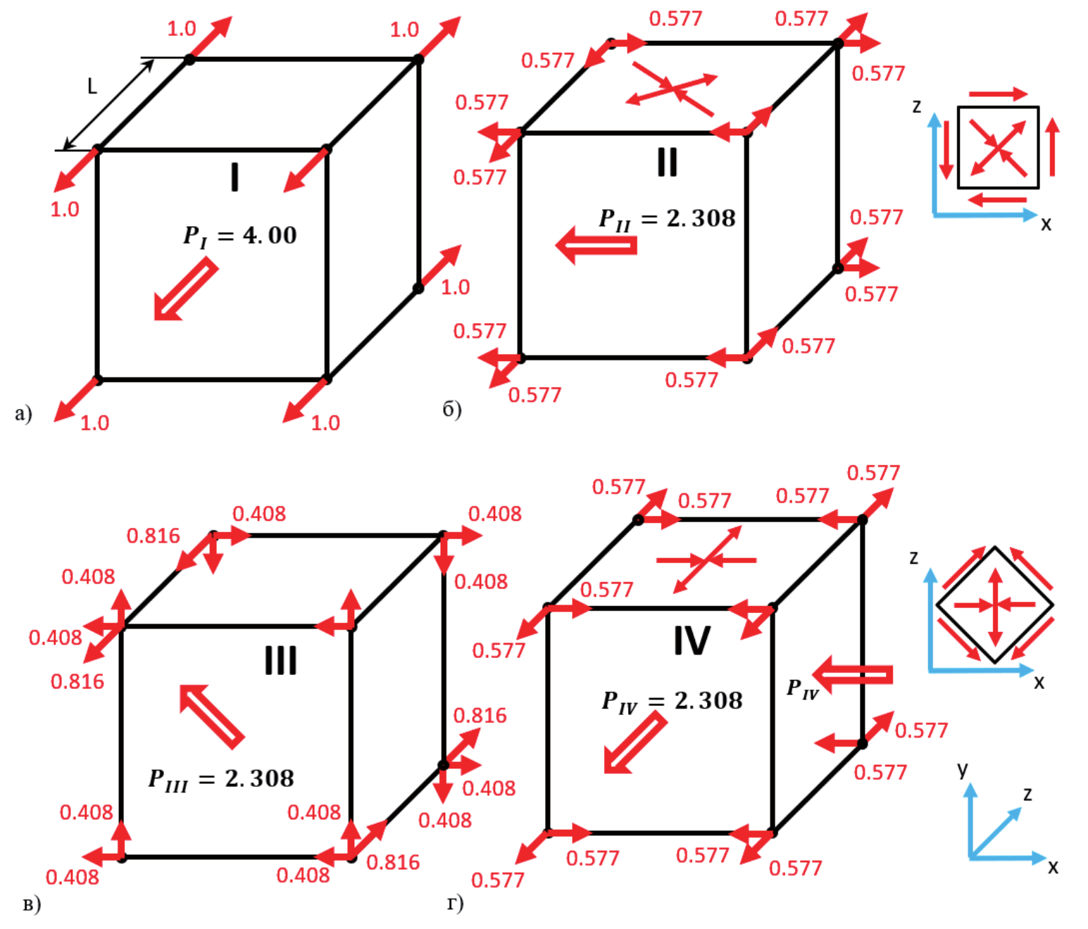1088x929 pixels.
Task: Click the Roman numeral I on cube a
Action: [x=235, y=177]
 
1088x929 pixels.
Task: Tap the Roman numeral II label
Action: [x=667, y=162]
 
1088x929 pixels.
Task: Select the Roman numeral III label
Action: [x=280, y=660]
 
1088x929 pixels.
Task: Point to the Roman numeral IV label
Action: [x=692, y=640]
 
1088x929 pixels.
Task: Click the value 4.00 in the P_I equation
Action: [x=270, y=235]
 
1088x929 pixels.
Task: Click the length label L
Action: [x=92, y=87]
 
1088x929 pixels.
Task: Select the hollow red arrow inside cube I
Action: [x=185, y=289]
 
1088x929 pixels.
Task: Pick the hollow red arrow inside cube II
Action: [x=596, y=245]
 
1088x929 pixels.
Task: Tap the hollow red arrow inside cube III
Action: [x=212, y=715]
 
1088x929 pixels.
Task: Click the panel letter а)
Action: [x=23, y=412]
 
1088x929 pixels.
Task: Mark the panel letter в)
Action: [x=32, y=904]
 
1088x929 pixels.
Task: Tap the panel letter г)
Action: [x=455, y=902]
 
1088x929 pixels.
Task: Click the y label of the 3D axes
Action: [x=963, y=769]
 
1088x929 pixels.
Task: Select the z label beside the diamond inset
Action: [x=914, y=558]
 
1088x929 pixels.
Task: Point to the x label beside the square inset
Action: [x=1046, y=224]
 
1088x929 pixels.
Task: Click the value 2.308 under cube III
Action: [x=259, y=778]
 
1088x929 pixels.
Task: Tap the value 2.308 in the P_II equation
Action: [x=701, y=218]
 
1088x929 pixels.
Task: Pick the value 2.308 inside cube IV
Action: [x=708, y=700]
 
